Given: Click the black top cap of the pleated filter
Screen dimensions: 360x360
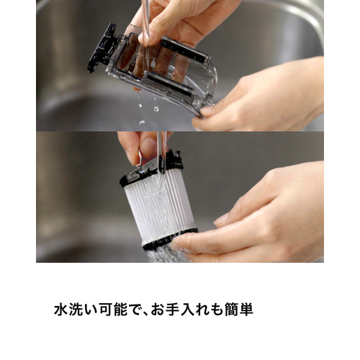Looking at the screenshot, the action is [151, 167].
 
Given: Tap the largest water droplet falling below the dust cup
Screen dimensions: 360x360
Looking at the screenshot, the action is [156, 109].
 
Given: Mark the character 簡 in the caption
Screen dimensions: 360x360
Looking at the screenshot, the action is [232, 310].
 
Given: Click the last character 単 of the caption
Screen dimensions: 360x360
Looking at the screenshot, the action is [246, 310].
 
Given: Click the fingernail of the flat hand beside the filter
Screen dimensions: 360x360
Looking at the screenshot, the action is [221, 219].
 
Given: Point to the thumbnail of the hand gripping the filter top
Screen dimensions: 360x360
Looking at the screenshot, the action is [148, 147].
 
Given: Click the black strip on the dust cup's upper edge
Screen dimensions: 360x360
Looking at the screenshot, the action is [185, 50].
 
